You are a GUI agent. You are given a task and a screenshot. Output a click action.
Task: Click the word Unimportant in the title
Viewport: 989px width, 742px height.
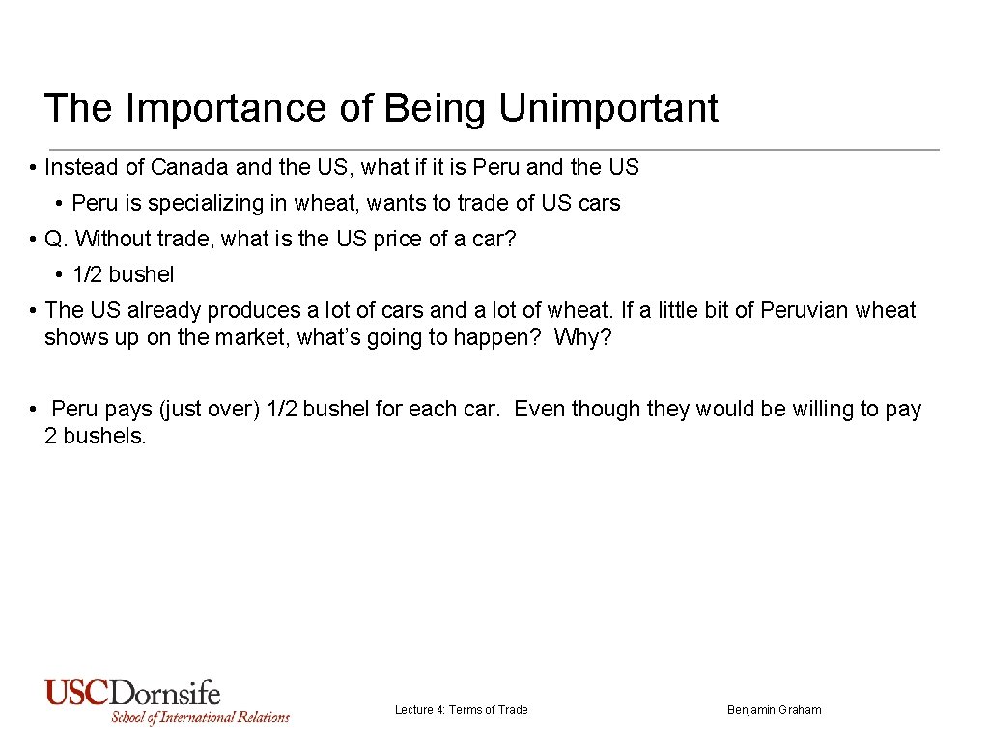(x=608, y=108)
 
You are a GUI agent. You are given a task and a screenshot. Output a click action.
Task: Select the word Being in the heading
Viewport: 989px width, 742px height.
(x=437, y=108)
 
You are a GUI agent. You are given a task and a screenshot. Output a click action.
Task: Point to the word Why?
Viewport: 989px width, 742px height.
(x=582, y=338)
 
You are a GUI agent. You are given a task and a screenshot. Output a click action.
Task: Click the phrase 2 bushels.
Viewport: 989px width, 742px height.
(x=95, y=436)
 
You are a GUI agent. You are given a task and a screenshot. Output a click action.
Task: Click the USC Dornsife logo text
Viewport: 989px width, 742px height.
(x=132, y=693)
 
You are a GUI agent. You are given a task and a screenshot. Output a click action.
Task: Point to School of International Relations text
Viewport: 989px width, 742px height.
(x=200, y=717)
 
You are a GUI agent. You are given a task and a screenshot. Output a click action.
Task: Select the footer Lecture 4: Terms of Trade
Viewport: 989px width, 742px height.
(x=461, y=710)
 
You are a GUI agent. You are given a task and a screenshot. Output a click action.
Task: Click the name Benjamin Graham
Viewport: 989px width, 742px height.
(x=774, y=710)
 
